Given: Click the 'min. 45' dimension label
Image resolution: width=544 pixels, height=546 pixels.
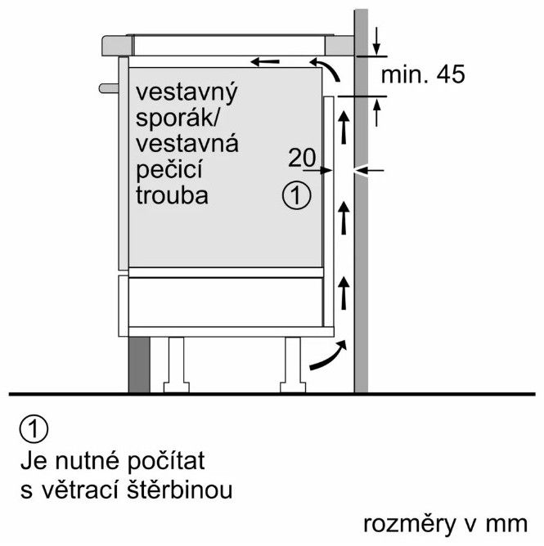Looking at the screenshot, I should (423, 75).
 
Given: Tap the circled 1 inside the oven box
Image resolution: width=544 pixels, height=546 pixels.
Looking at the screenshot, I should (297, 195).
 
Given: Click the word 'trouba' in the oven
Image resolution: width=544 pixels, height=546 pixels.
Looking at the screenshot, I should (173, 196).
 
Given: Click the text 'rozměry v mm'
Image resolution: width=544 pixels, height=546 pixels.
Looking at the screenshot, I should (448, 522).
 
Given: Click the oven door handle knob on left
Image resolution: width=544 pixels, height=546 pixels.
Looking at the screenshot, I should (108, 86).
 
